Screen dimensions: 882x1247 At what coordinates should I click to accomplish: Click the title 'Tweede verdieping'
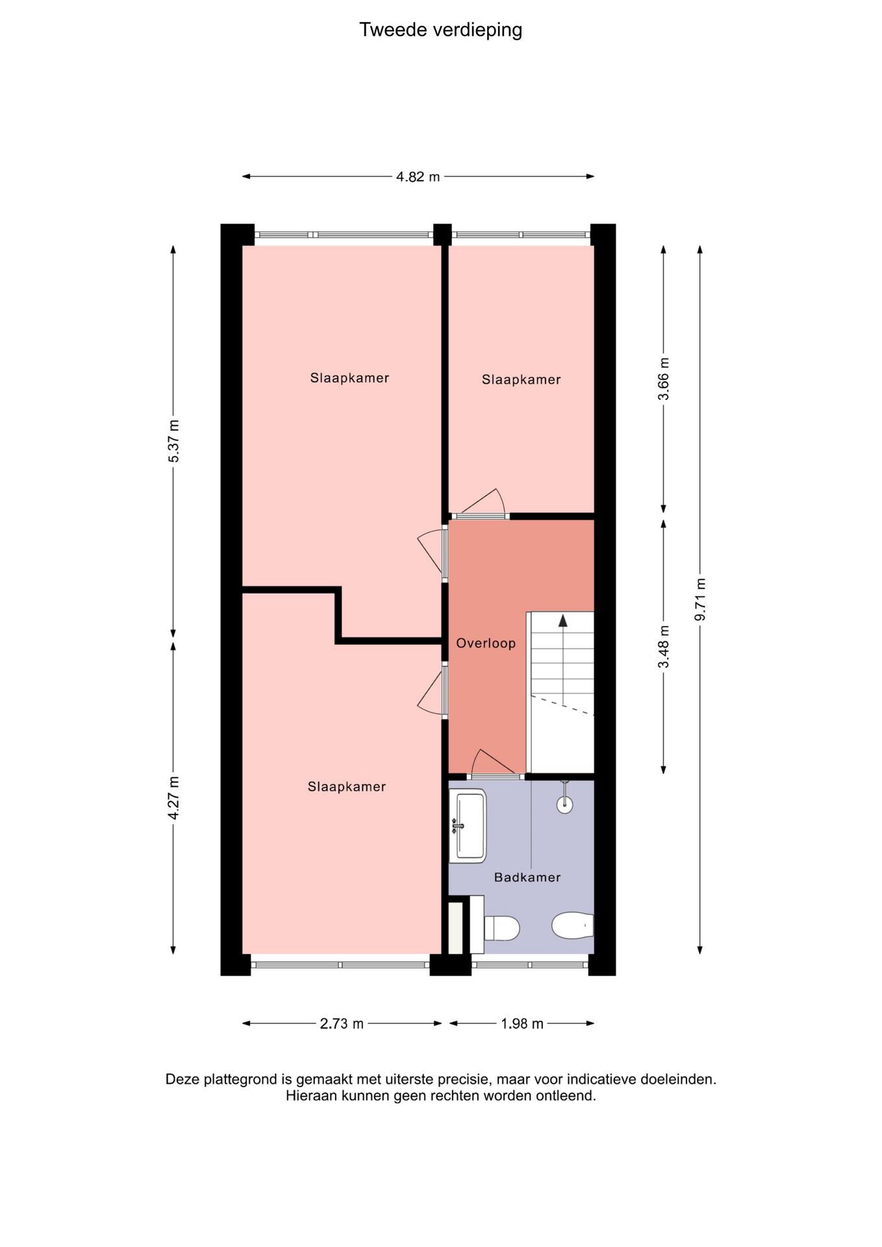[440, 30]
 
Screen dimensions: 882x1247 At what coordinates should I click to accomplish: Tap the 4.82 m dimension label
[418, 177]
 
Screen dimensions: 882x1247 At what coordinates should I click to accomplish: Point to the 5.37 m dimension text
[173, 441]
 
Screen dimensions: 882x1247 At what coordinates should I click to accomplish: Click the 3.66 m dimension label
[663, 379]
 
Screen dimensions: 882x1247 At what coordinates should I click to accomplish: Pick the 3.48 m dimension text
[663, 646]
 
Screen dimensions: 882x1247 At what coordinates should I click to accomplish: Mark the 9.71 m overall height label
[699, 599]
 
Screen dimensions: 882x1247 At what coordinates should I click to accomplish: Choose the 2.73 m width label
[342, 1024]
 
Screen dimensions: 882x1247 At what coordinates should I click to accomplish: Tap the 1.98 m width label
[522, 1024]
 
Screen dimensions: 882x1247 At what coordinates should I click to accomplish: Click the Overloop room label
[486, 643]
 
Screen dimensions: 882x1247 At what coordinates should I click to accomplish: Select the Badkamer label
[527, 877]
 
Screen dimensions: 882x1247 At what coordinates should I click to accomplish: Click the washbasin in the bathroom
[468, 825]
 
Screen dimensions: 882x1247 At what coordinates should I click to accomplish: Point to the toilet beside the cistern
[501, 928]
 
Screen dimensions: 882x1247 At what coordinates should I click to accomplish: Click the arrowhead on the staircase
[562, 620]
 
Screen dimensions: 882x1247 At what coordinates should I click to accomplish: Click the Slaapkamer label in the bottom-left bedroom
[347, 787]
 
